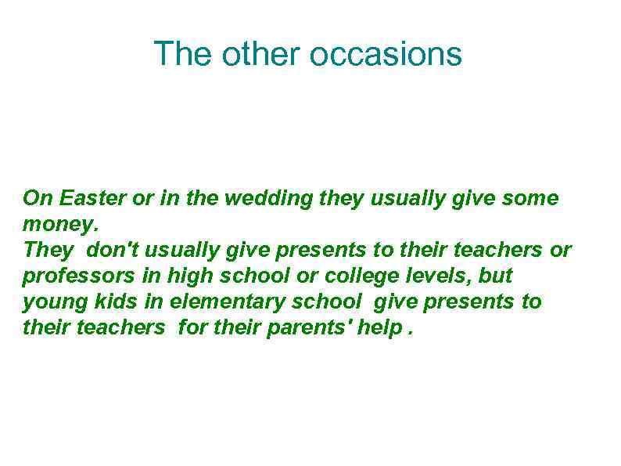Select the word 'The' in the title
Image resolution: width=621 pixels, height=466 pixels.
(183, 54)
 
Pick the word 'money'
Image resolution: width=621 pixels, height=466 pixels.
(59, 225)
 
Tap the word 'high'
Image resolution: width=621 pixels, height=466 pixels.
(189, 276)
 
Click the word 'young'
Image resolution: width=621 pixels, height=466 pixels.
(51, 302)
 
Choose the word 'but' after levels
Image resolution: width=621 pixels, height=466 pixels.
(494, 276)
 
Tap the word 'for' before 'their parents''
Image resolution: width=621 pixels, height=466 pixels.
(192, 328)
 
